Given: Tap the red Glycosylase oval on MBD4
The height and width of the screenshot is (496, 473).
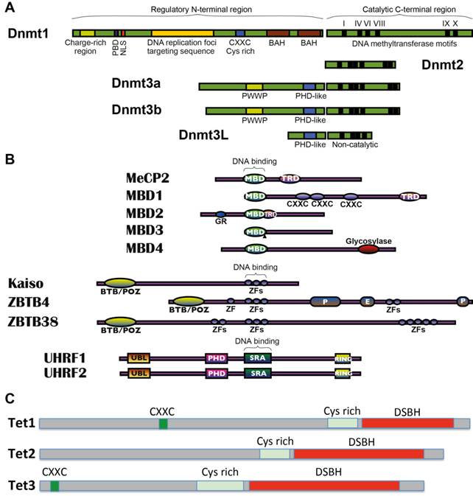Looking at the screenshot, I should [x=368, y=249].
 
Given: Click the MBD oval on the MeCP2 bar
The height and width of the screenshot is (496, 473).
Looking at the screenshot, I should [x=255, y=178].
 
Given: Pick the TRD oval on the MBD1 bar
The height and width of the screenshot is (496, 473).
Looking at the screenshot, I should [x=409, y=197].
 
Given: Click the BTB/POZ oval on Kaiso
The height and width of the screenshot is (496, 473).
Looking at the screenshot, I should [x=119, y=283].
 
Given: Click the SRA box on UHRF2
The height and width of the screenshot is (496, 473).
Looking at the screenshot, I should [x=258, y=374].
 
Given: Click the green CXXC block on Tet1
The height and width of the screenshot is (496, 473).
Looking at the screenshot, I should [x=163, y=423].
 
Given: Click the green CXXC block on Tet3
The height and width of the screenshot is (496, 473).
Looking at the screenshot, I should [x=55, y=486].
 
